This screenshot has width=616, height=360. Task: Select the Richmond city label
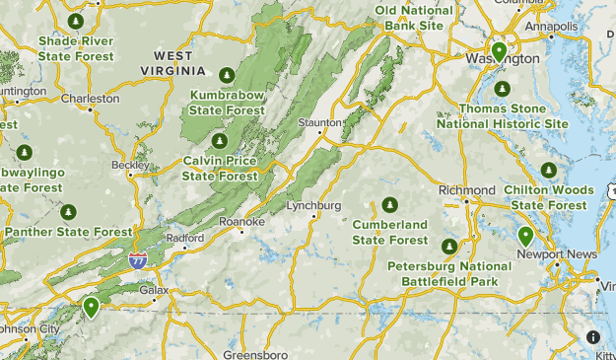(466, 189)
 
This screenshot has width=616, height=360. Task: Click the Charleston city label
(91, 99)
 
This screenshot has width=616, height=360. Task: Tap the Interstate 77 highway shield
(139, 259)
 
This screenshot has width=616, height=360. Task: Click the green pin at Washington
(500, 51)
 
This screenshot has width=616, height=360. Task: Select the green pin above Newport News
(526, 236)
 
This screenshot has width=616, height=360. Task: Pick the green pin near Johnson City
(91, 307)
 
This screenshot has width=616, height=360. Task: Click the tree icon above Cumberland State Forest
(390, 205)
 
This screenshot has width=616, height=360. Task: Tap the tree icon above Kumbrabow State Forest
(227, 75)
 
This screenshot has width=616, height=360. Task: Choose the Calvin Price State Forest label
(220, 169)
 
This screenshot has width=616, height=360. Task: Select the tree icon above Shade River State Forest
(75, 21)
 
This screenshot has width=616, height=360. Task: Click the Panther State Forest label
(68, 233)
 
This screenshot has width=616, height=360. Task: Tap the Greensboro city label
(255, 353)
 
